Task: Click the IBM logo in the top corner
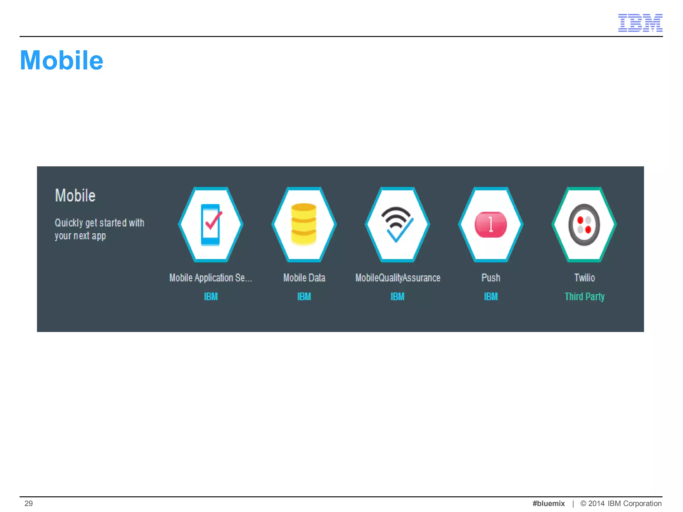[640, 23]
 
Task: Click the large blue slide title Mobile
[62, 60]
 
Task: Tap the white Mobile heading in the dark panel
[75, 195]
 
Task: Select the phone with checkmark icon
[211, 225]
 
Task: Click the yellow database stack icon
[304, 224]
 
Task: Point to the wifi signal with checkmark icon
[397, 224]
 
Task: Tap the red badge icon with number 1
[491, 225]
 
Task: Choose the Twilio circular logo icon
[584, 225]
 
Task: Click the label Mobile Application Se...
[210, 278]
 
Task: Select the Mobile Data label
[304, 278]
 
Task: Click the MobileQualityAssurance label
[398, 278]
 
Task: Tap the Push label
[491, 278]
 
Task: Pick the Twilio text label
[584, 278]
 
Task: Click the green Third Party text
[584, 297]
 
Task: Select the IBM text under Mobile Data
[304, 297]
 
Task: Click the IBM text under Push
[491, 297]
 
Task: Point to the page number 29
[29, 503]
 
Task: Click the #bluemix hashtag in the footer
[548, 503]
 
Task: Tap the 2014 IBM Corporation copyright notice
[621, 503]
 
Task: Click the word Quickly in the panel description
[69, 223]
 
